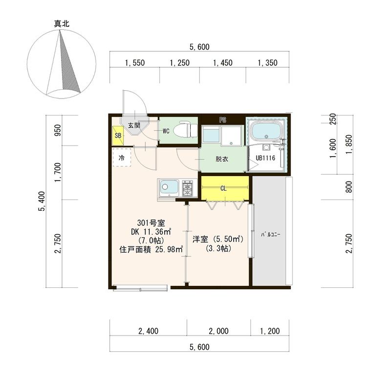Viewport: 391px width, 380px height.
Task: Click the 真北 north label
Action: coord(62,23)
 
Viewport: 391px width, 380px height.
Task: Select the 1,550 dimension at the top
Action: coord(135,63)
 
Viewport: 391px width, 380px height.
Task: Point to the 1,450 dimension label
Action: coord(223,63)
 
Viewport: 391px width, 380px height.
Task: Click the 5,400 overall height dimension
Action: coord(42,201)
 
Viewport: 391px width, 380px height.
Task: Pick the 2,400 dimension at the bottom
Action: coord(149,331)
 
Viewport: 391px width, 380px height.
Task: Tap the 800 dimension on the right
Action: coord(349,187)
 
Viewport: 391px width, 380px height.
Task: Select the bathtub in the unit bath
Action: coord(267,132)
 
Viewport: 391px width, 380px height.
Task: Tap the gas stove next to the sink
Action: coord(188,188)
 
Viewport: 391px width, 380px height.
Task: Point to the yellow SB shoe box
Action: coord(118,136)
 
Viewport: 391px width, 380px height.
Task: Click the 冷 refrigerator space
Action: coord(122,158)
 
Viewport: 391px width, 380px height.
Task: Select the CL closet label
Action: coord(223,188)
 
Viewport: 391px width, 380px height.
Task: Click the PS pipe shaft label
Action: coord(223,120)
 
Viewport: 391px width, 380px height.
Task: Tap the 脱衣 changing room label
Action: coord(222,159)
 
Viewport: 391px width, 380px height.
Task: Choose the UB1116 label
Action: coord(265,158)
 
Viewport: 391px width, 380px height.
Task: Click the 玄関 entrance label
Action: coord(134,125)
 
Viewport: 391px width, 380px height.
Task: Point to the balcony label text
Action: coord(271,234)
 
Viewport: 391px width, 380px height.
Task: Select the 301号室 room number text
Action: coord(151,222)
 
